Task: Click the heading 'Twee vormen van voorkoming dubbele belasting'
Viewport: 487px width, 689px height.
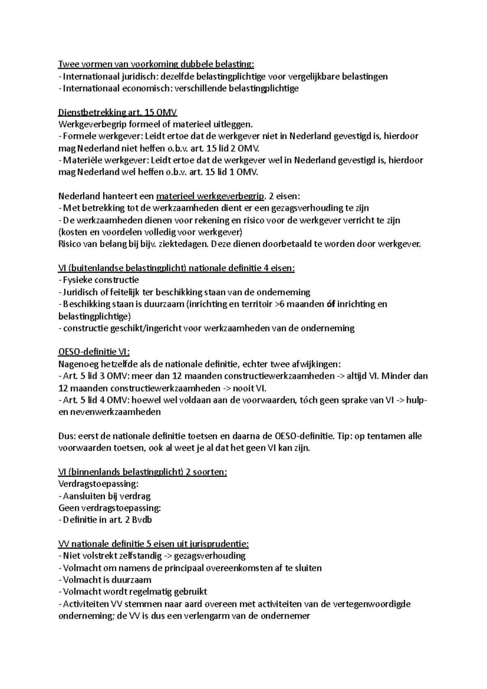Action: pyautogui.click(x=156, y=64)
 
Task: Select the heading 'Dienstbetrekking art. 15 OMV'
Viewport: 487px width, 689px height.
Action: pyautogui.click(x=118, y=112)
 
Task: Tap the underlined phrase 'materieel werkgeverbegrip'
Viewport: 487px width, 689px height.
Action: pyautogui.click(x=210, y=196)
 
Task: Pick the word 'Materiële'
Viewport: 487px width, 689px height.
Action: pyautogui.click(x=79, y=160)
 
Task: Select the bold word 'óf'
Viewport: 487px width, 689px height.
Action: pyautogui.click(x=330, y=304)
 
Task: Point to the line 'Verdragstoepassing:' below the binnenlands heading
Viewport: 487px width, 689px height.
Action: pyautogui.click(x=99, y=484)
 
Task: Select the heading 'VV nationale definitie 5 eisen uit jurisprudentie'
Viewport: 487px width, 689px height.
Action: pyautogui.click(x=154, y=544)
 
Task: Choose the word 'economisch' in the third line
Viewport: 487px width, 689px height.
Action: pyautogui.click(x=147, y=88)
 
